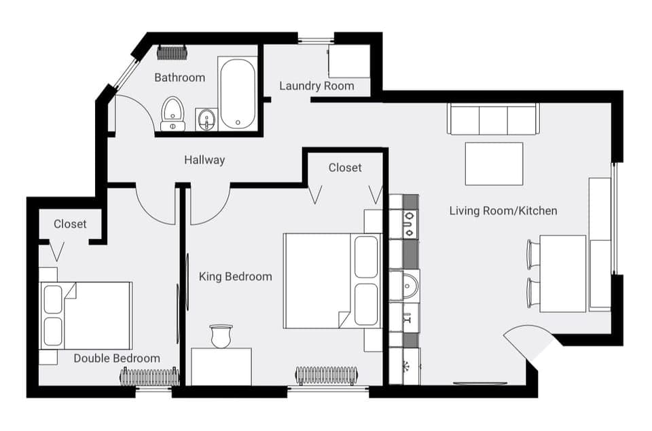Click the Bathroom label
(179, 77)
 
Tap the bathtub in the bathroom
(238, 94)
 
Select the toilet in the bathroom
(173, 113)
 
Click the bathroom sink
(206, 120)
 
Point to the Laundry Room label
(316, 86)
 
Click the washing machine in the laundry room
(349, 62)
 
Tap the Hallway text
(204, 160)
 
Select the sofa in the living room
(493, 119)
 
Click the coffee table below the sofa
(494, 164)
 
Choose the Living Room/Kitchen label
(503, 210)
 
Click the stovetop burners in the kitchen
(410, 224)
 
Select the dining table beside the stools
(562, 274)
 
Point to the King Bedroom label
(235, 276)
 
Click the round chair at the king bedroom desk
(221, 335)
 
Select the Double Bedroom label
(117, 358)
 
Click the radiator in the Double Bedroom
(149, 376)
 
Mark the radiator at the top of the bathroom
(172, 52)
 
